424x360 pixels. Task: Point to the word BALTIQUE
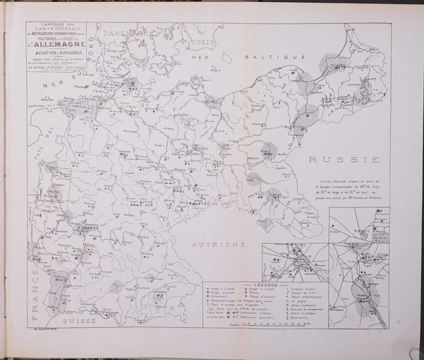coord(280,55)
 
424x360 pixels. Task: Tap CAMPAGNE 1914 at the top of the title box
coord(52,24)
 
